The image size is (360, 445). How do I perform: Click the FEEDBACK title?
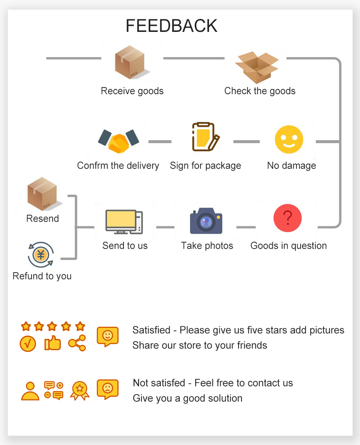171,26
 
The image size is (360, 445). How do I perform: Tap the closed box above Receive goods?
130,62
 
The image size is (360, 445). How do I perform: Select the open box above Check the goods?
257,67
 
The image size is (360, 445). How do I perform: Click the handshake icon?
118,141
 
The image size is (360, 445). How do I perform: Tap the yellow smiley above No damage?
289,140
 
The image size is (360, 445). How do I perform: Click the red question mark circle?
288,218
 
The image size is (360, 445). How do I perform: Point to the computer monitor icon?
124,222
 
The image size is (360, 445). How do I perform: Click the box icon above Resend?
42,194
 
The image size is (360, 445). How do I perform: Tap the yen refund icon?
41,254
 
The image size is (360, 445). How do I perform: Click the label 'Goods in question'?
288,245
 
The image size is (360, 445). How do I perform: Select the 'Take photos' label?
207,245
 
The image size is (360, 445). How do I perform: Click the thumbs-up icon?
52,343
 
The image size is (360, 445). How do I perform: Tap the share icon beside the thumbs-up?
77,343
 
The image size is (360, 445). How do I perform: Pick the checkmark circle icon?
28,343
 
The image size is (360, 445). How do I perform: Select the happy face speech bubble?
108,336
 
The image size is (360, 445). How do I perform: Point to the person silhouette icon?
30,391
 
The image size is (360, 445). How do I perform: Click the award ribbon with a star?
79,390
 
